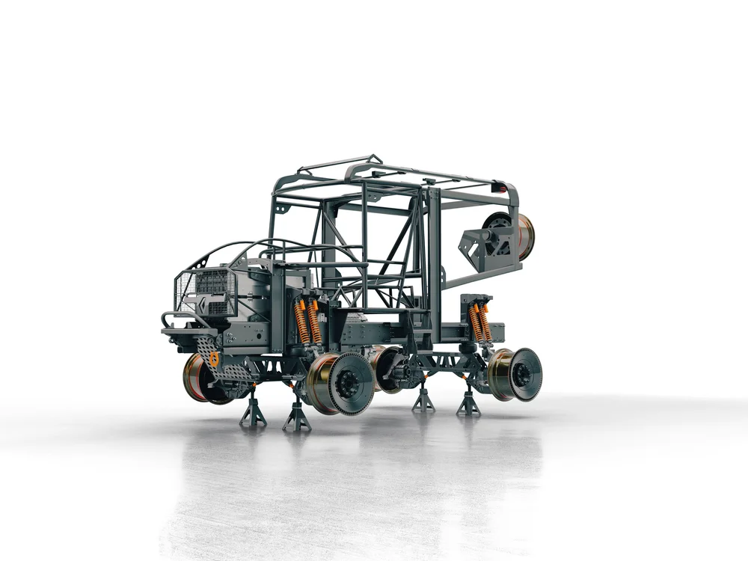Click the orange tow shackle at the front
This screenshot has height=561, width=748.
214,360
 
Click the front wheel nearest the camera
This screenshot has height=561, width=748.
340,383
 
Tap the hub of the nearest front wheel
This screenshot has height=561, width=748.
349,384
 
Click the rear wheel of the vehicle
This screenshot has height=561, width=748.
516,374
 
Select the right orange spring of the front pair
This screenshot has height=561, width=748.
315,322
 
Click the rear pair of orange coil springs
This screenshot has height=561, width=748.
479,322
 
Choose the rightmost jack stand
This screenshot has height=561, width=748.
468,404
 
